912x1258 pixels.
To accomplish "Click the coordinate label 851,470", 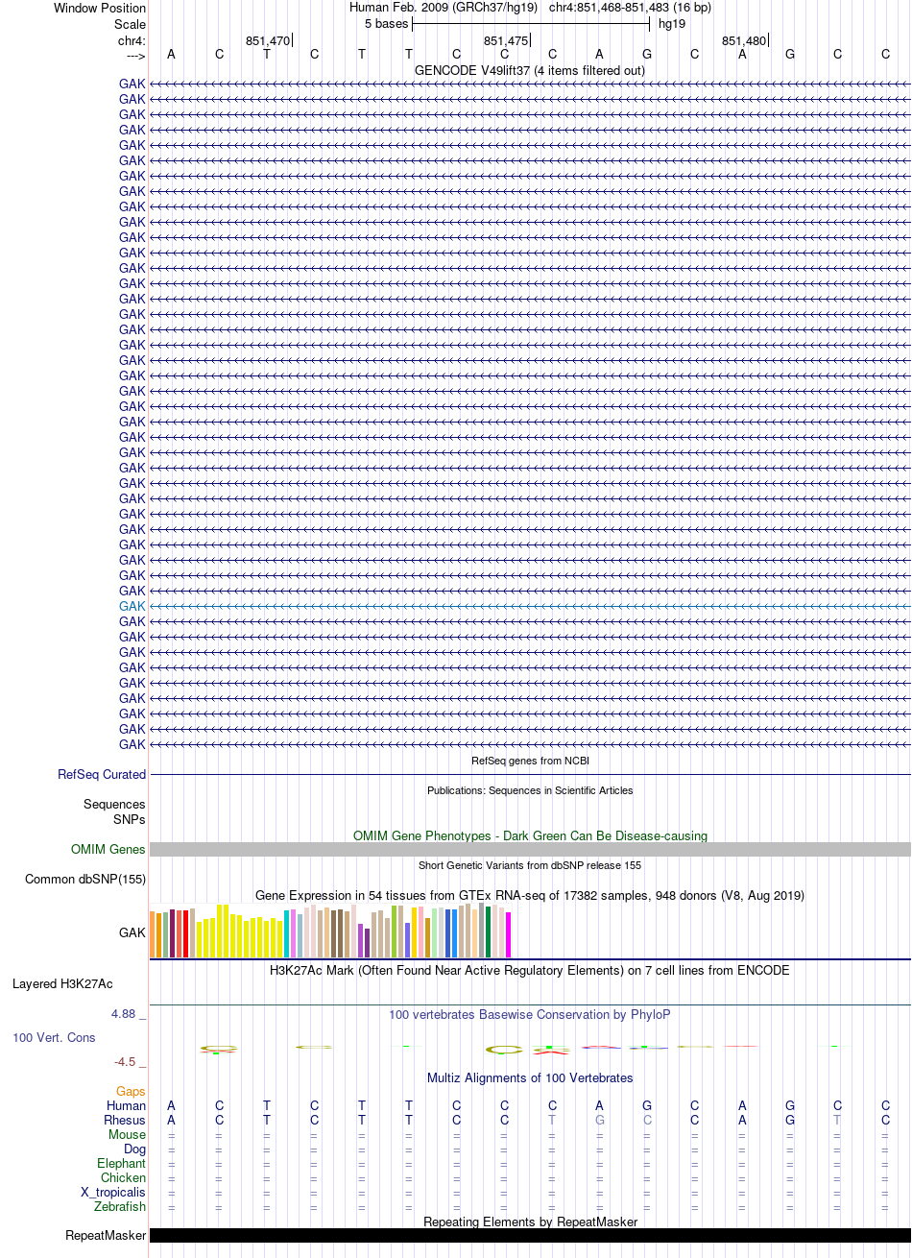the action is click(x=268, y=40).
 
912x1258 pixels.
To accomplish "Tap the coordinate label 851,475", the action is click(x=506, y=40).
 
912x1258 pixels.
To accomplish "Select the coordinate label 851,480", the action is click(x=744, y=40).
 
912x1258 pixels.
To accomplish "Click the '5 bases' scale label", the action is click(x=386, y=24).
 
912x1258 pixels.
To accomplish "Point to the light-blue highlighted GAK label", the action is click(x=132, y=606).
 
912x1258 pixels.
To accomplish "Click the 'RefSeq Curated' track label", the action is click(x=102, y=774).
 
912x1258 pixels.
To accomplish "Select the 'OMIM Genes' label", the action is click(x=108, y=849).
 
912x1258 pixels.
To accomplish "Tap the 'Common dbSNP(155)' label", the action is click(x=85, y=879).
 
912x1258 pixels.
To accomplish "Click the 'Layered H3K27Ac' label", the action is click(x=62, y=983).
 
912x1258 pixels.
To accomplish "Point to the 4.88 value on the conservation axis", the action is click(x=123, y=1014).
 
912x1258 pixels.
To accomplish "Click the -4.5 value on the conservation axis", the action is click(x=125, y=1061).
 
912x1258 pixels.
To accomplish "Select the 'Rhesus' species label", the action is click(x=125, y=1120).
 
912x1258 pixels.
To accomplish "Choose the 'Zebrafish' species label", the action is click(x=120, y=1206).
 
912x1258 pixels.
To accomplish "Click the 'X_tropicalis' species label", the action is click(x=113, y=1192).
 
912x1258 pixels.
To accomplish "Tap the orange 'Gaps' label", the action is click(x=131, y=1091).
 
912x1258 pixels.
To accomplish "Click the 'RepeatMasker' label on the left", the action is click(x=106, y=1236).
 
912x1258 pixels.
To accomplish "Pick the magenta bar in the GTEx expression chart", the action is click(x=508, y=934).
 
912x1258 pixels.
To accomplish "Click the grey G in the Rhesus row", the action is click(x=599, y=1120).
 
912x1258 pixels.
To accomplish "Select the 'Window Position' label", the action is click(x=100, y=8).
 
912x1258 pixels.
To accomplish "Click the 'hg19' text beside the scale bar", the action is click(x=672, y=24).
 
